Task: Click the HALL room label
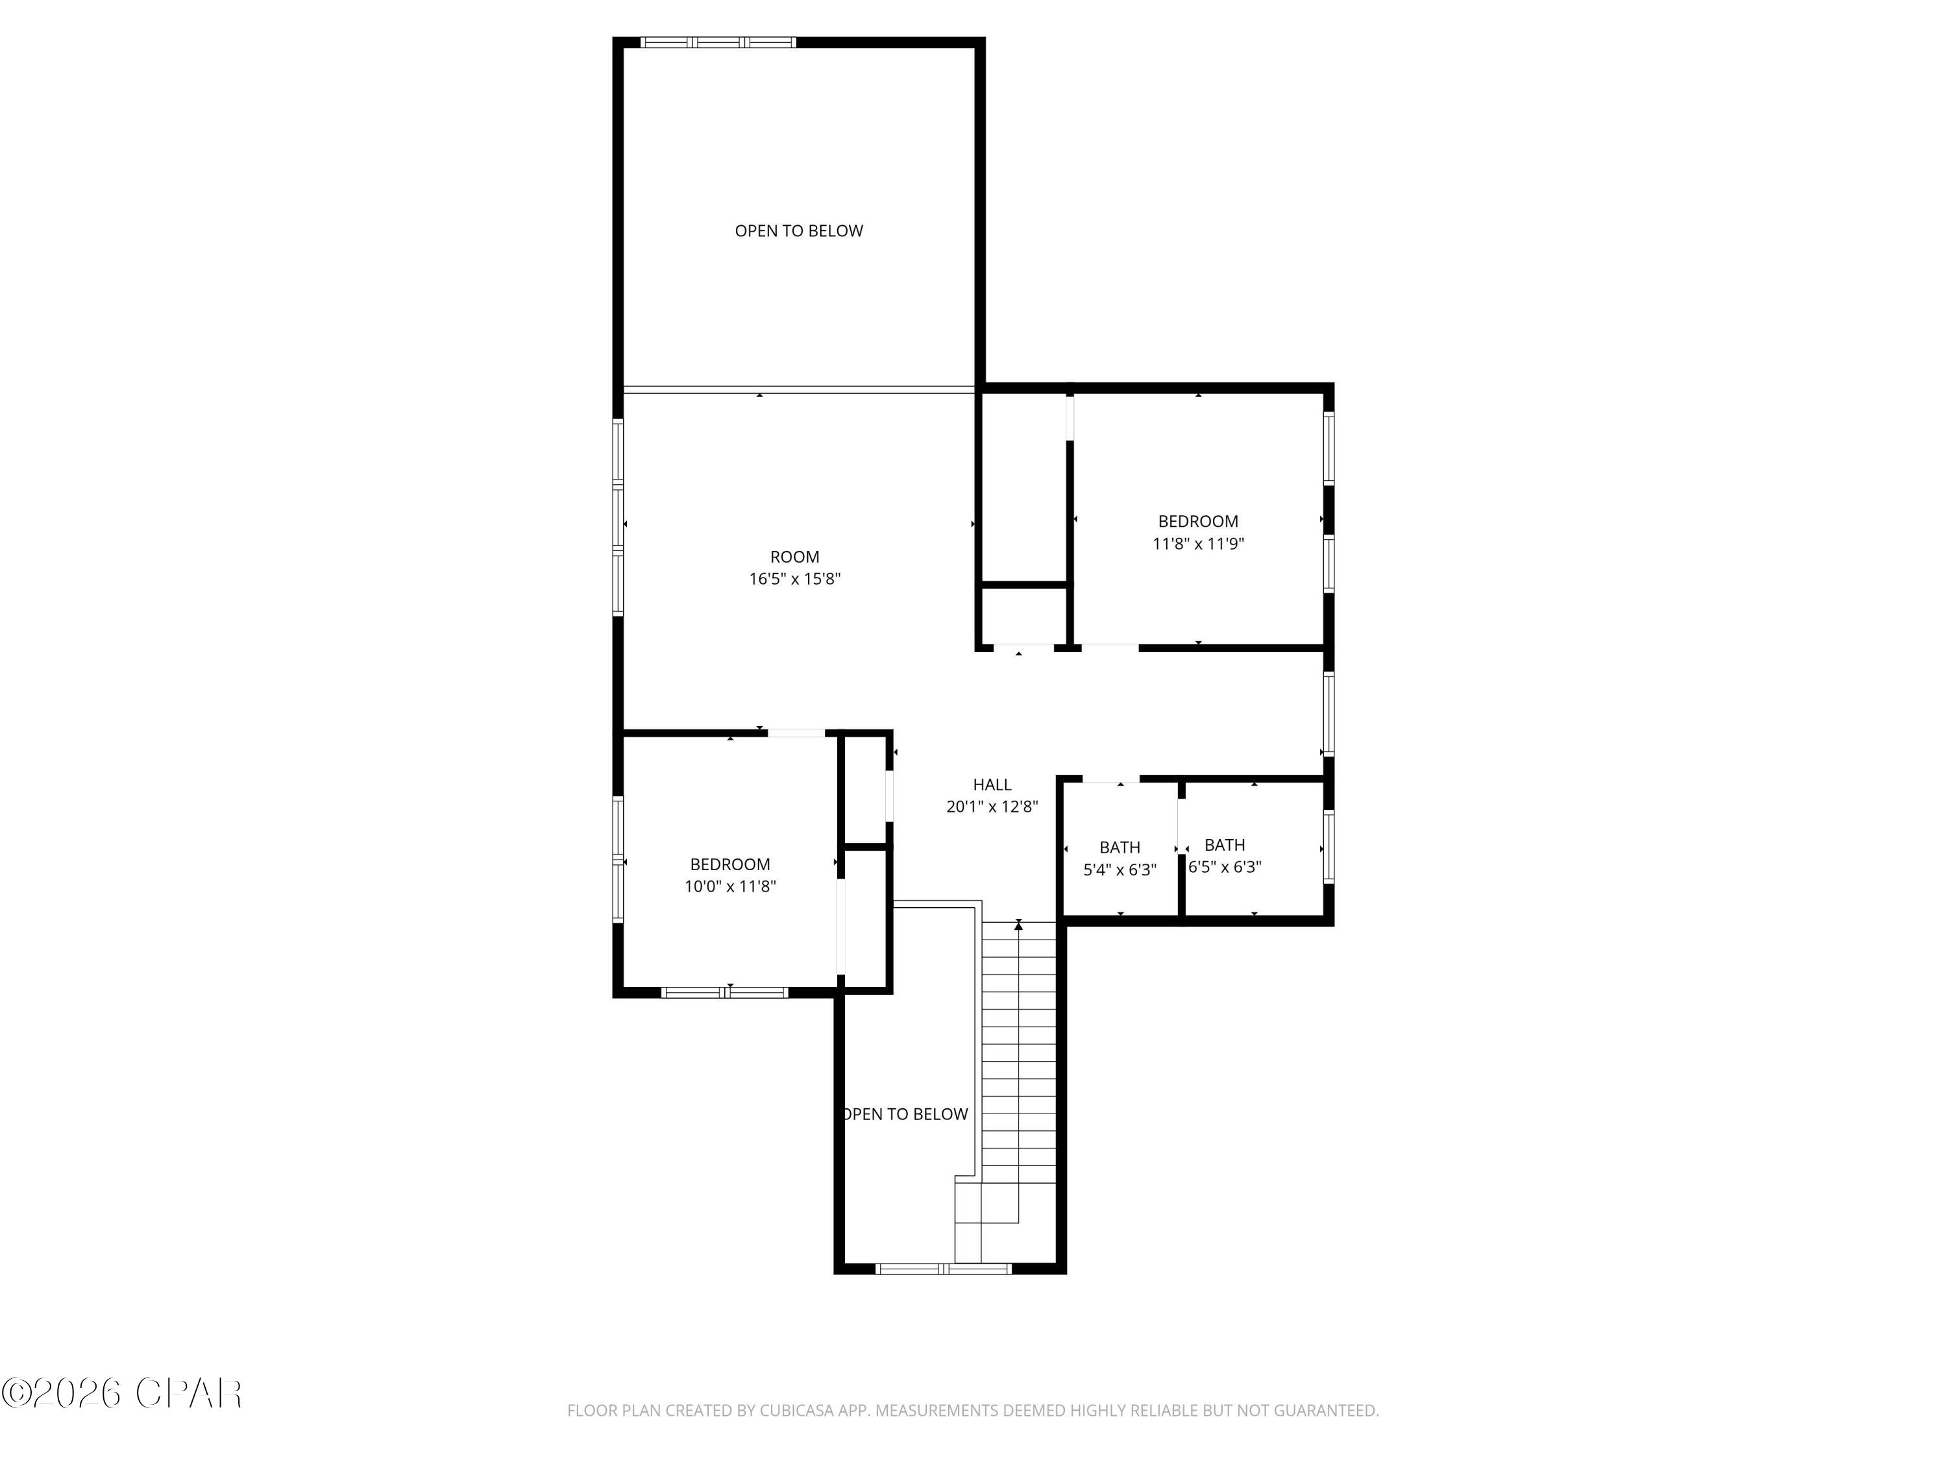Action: point(992,784)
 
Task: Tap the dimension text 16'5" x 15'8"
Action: point(795,579)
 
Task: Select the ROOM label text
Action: point(795,556)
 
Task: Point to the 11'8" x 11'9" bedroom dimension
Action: point(1198,544)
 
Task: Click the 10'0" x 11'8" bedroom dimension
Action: point(729,886)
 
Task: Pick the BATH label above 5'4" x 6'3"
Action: point(1120,847)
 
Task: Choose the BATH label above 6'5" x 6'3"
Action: point(1225,845)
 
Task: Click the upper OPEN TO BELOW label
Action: point(798,230)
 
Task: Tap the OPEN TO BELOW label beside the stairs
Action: point(906,1114)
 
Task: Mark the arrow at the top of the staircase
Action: point(1018,925)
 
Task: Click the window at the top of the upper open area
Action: point(717,42)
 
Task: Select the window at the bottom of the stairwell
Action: point(944,1268)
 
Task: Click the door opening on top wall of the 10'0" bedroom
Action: point(796,732)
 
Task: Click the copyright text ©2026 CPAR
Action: point(121,1393)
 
